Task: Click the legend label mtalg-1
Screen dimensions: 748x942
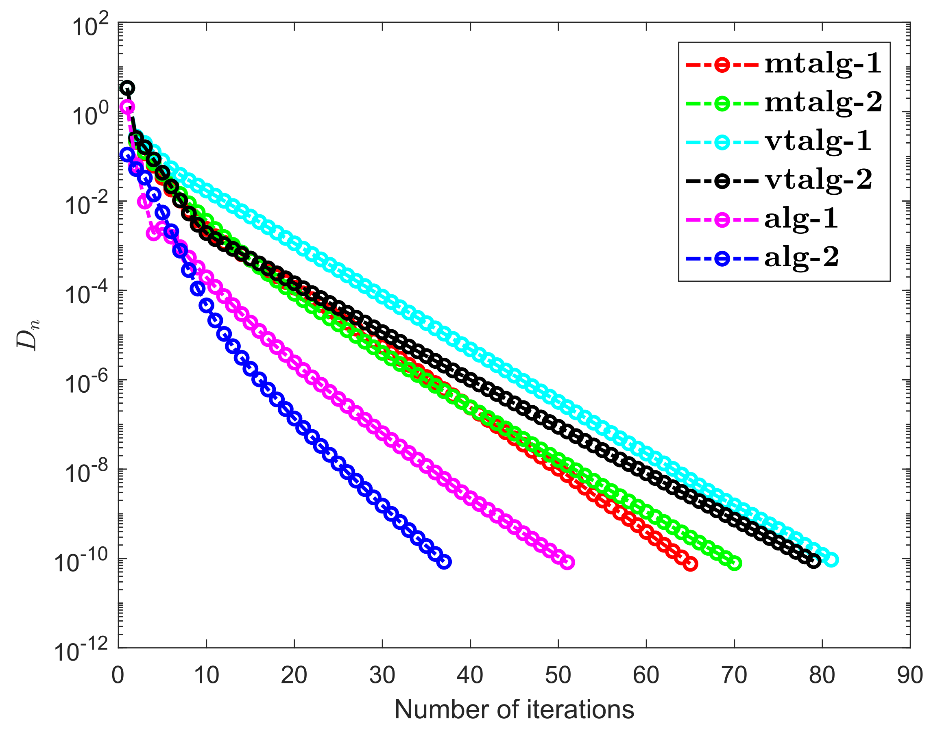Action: click(x=823, y=65)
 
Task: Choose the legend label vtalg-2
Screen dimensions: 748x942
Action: click(x=818, y=180)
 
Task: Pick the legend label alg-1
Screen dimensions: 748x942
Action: click(x=801, y=219)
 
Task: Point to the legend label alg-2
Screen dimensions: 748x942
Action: click(x=801, y=258)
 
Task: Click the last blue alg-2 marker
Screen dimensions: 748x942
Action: click(x=444, y=562)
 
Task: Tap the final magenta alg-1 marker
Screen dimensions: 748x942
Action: click(x=567, y=562)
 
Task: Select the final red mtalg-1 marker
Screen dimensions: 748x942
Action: click(x=690, y=564)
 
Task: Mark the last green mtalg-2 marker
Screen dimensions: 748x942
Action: click(x=735, y=564)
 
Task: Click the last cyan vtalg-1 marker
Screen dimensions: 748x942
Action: click(x=831, y=560)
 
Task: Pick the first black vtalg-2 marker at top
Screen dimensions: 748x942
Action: click(x=127, y=88)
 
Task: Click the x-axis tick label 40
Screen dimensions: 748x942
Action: click(x=470, y=676)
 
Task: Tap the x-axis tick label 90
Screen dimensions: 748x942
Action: click(x=910, y=676)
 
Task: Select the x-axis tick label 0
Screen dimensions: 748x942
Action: click(x=118, y=676)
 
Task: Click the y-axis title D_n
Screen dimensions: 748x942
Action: click(x=29, y=335)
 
